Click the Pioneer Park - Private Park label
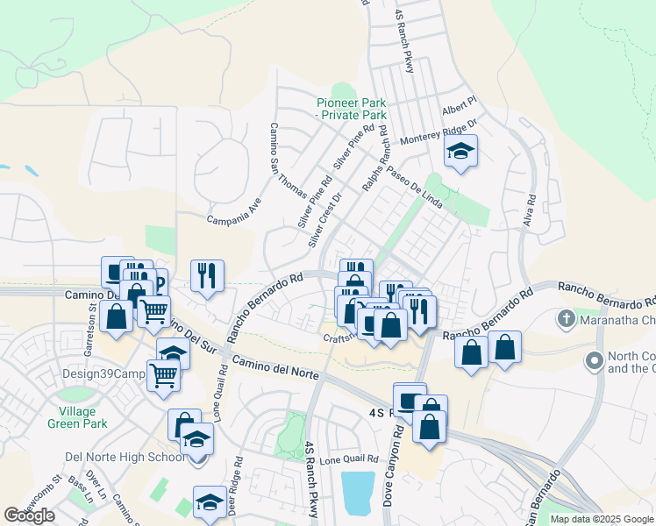pos(352,109)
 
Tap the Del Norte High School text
pos(125,457)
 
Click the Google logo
pos(29,515)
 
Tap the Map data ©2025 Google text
pos(601,519)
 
